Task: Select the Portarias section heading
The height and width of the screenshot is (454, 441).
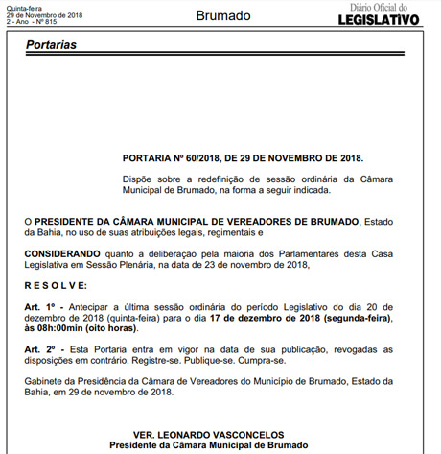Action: click(52, 45)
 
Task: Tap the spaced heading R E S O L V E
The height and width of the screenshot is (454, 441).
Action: click(57, 285)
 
